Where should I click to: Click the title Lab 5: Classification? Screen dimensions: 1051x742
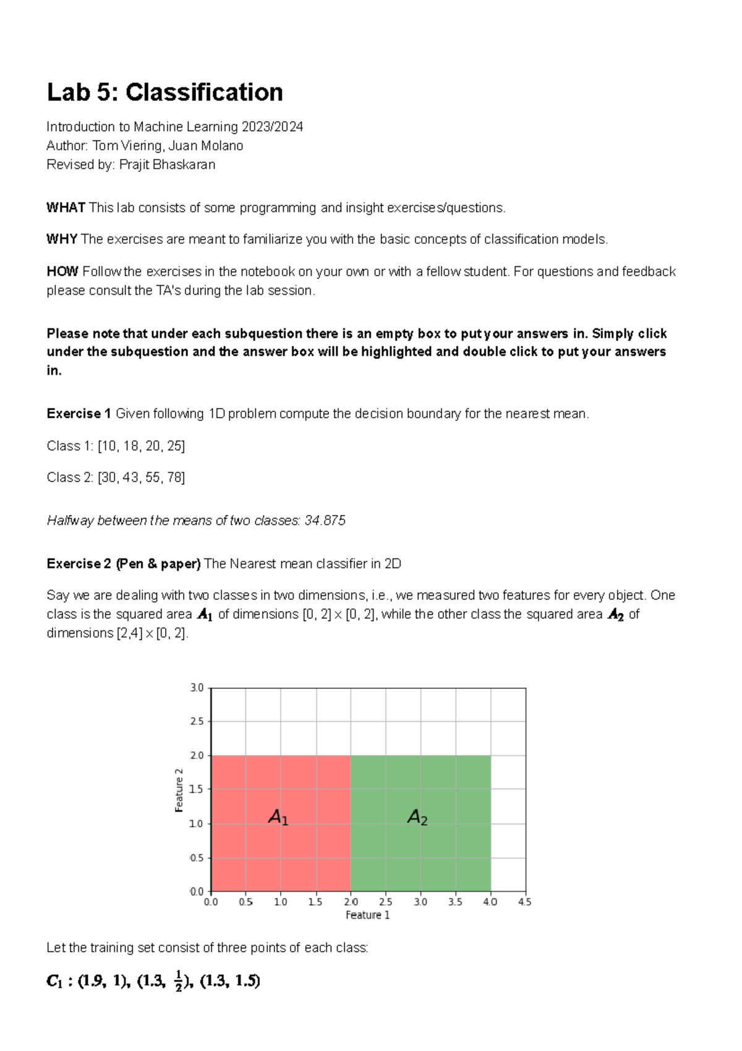tap(165, 93)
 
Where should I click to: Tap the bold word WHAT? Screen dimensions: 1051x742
tap(66, 208)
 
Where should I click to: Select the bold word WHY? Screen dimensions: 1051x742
tap(62, 240)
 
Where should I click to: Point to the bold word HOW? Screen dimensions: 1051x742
tap(62, 272)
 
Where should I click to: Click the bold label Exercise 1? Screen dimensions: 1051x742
tap(79, 413)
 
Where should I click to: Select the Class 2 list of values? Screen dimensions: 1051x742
tap(141, 478)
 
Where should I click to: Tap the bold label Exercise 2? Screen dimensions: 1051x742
tap(79, 564)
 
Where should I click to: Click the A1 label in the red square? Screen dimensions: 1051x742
tap(278, 818)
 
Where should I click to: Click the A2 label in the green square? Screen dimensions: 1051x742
tap(417, 818)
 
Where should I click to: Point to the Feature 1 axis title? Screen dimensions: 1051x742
tap(367, 915)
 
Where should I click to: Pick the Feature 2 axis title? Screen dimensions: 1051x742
tap(179, 790)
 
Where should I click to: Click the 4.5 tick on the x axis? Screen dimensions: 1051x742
tap(524, 902)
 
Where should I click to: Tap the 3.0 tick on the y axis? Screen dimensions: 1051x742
tap(197, 688)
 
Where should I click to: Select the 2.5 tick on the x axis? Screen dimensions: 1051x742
tap(385, 902)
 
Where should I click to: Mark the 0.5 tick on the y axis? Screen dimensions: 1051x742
tap(197, 858)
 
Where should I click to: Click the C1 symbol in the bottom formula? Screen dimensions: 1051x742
tap(54, 982)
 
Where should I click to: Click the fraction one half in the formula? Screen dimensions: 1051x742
tap(179, 982)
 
